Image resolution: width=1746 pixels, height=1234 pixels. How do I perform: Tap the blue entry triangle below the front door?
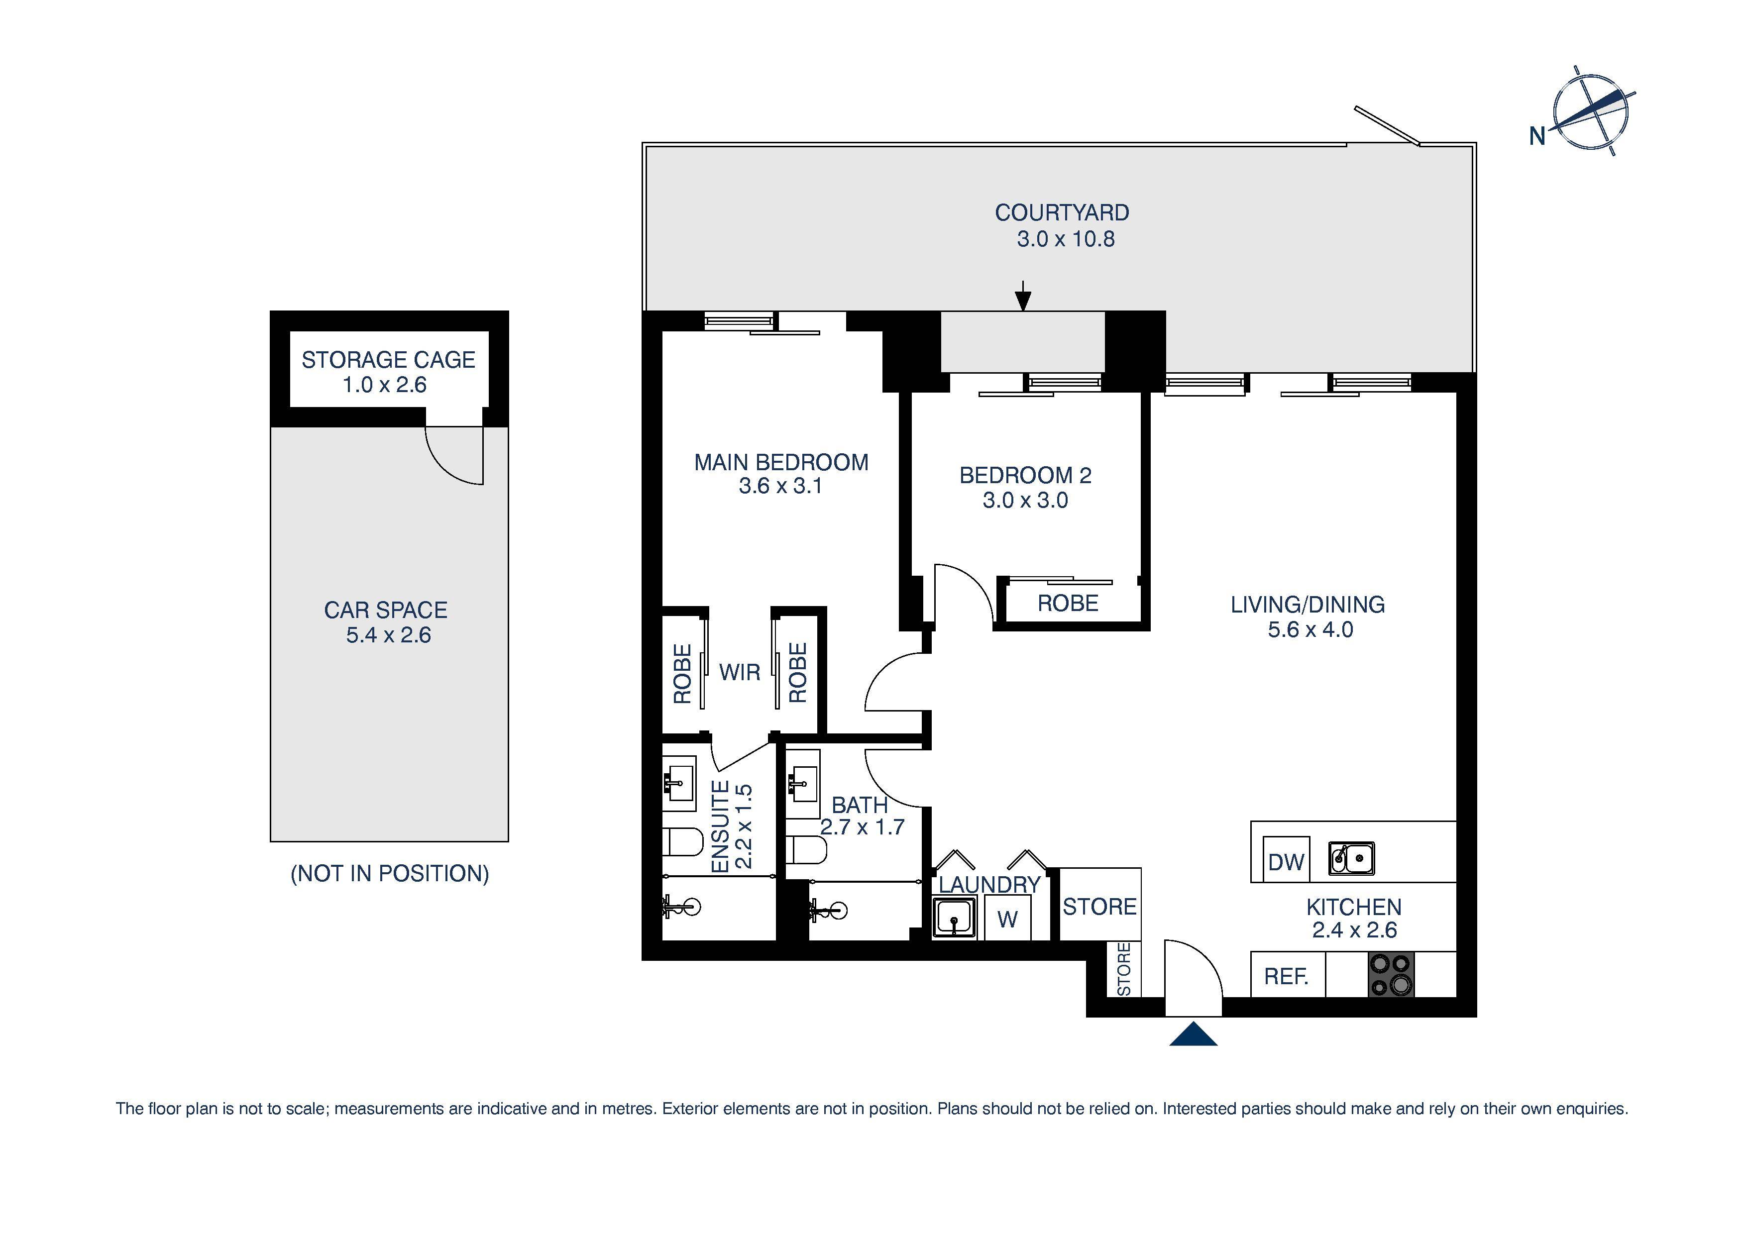pyautogui.click(x=1193, y=1035)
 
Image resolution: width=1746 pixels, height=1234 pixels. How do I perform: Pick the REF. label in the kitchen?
pyautogui.click(x=1286, y=976)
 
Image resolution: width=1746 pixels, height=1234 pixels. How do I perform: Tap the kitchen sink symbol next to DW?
pyautogui.click(x=1351, y=858)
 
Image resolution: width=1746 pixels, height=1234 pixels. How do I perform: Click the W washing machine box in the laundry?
pyautogui.click(x=1007, y=919)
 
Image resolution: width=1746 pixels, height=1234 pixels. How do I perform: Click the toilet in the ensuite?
pyautogui.click(x=682, y=842)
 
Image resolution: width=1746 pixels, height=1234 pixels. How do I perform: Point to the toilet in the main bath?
pyautogui.click(x=804, y=849)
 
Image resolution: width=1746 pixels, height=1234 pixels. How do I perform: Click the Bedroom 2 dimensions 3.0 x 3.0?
pyautogui.click(x=1025, y=500)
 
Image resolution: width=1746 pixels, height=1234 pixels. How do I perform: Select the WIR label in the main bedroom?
pyautogui.click(x=739, y=672)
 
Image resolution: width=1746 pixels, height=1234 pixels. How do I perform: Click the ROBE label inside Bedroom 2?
pyautogui.click(x=1068, y=604)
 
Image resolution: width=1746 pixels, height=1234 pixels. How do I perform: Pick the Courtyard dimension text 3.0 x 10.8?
pyautogui.click(x=1066, y=239)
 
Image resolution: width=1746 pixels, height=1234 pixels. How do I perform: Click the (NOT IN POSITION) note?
pyautogui.click(x=389, y=874)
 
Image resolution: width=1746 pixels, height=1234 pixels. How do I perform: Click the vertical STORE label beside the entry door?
pyautogui.click(x=1124, y=969)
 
